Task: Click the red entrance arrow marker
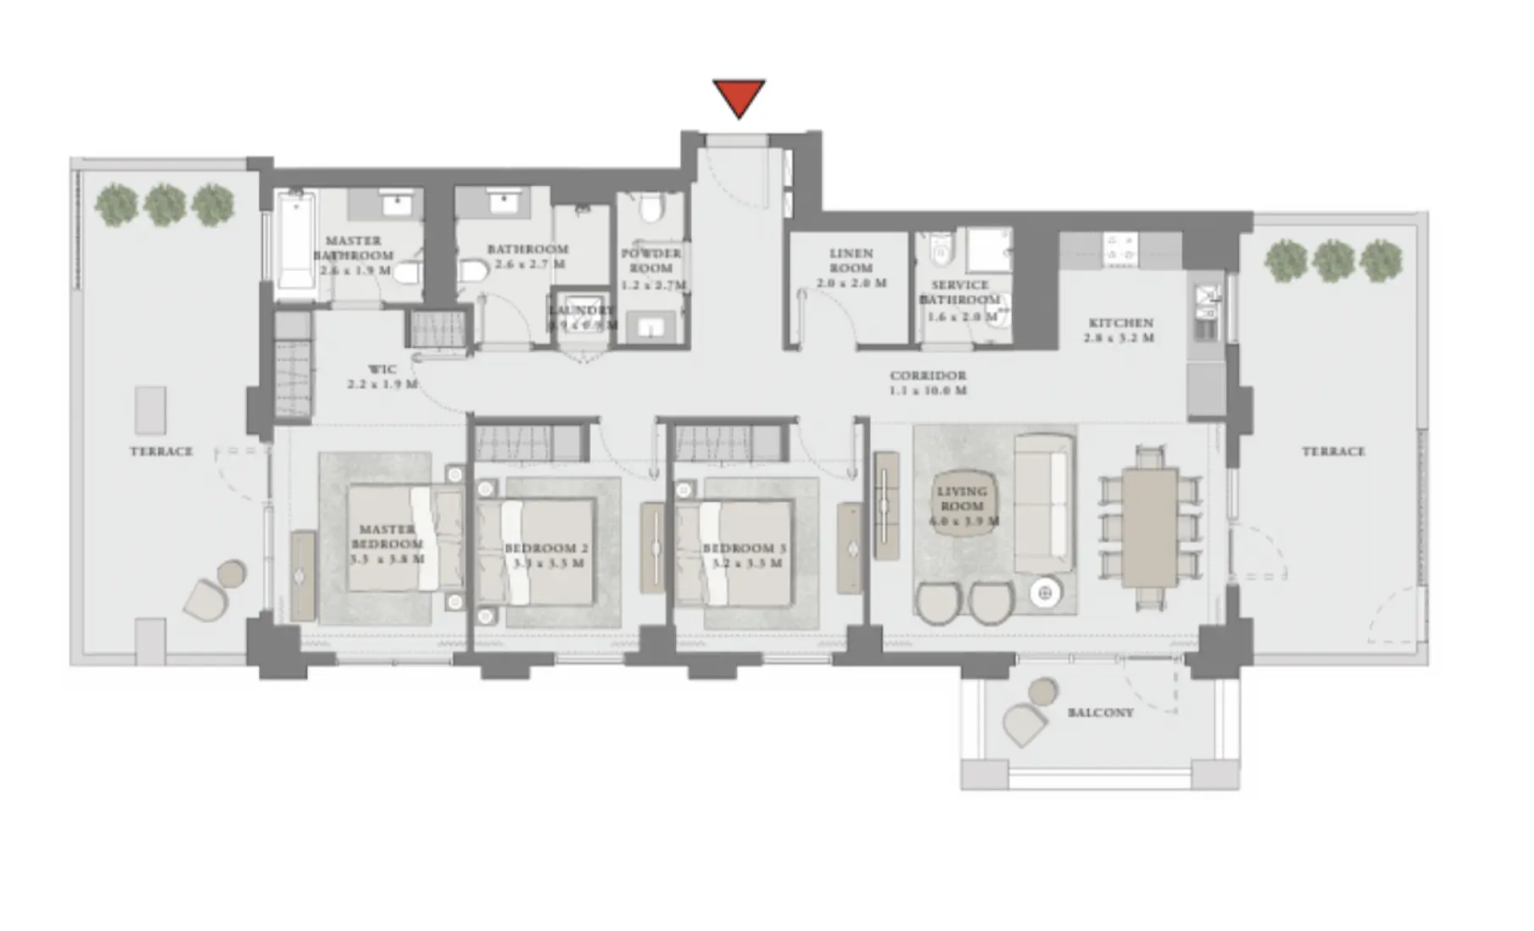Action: click(739, 97)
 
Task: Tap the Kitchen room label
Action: click(1120, 329)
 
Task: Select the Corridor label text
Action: click(927, 383)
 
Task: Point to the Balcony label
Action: click(1100, 713)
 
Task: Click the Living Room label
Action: click(962, 505)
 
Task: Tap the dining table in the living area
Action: click(1149, 527)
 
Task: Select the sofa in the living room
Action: click(1043, 503)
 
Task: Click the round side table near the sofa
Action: click(1046, 593)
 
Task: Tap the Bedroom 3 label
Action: click(745, 555)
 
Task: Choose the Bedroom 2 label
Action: click(547, 555)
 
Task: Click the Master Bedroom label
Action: click(386, 543)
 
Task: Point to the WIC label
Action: click(382, 377)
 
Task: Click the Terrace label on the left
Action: click(161, 451)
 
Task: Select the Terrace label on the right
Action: click(1333, 451)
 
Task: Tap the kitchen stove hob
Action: click(1120, 248)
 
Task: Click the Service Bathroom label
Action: click(959, 300)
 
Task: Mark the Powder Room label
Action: click(652, 268)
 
